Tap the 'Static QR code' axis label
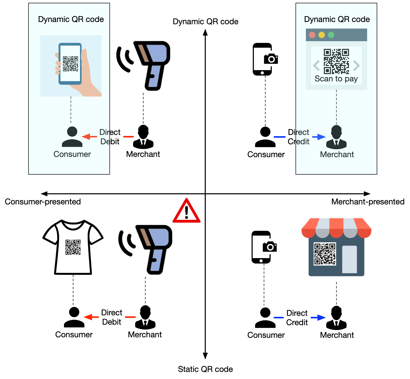pos(205,369)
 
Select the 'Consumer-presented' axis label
pos(43,202)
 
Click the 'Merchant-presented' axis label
pos(368,202)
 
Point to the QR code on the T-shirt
pos(73,247)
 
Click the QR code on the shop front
pos(325,254)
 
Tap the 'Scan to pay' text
pos(336,79)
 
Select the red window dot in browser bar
pos(312,35)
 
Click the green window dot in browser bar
pos(331,35)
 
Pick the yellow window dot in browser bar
pos(321,35)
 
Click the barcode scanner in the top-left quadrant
pos(149,64)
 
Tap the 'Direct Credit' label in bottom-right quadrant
pos(297,318)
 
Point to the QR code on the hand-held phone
pos(70,64)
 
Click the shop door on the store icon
pos(349,259)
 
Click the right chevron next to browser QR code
pos(356,66)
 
